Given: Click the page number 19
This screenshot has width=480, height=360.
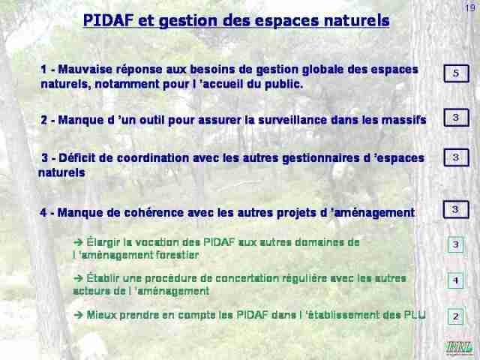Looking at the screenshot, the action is (470, 7).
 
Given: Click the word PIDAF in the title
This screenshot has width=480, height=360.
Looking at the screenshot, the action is (108, 20).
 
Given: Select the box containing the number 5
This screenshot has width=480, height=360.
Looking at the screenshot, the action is (456, 73).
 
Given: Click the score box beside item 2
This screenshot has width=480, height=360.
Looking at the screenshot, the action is (456, 118).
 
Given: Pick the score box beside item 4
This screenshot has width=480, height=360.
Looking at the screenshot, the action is (456, 210).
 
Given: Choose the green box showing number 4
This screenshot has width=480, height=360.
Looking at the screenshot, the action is (455, 280).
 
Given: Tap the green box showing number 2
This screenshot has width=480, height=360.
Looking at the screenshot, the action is (455, 316).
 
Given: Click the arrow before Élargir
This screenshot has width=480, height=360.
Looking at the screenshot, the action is (78, 242).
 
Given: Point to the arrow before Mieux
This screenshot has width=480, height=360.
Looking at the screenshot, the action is (79, 315).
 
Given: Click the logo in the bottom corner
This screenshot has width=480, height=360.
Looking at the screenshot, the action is (459, 348).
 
